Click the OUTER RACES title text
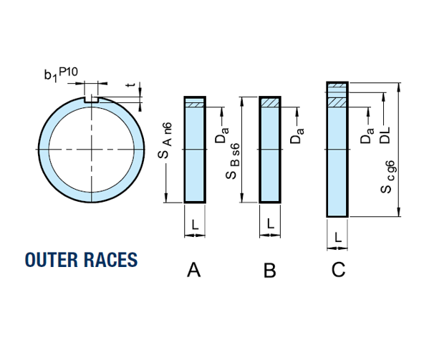tap(82, 260)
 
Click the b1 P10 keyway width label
tap(61, 74)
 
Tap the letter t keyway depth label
tap(131, 85)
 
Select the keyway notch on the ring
tap(91, 99)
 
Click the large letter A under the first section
tap(193, 269)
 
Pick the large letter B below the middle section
tap(269, 270)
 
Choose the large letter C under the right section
tap(338, 269)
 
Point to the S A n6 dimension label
tap(165, 140)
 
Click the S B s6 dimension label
tap(232, 161)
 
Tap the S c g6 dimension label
tap(387, 177)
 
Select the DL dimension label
tap(385, 135)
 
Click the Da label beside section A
tap(222, 135)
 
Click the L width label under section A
tap(195, 225)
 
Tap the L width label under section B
tap(271, 224)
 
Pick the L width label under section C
tap(338, 238)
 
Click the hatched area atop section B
tap(270, 102)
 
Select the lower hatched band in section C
tap(337, 102)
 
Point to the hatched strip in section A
tap(195, 104)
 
